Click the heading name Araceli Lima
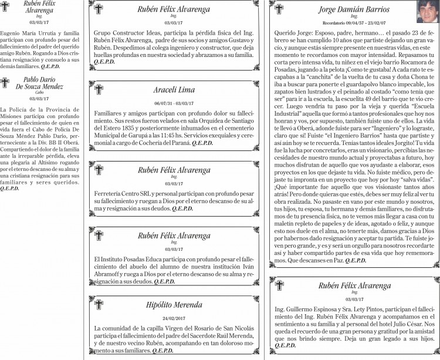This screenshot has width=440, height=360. coord(174,90)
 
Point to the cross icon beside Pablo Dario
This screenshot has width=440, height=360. coord(5,82)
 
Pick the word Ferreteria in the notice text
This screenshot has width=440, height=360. coord(108,193)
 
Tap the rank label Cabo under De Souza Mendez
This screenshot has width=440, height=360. coord(39,93)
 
